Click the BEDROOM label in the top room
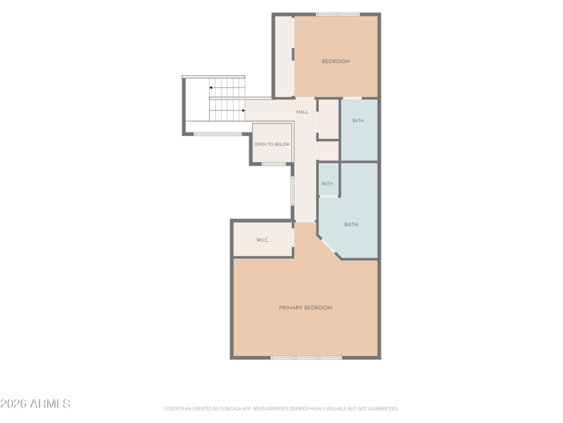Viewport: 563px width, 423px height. coord(336,61)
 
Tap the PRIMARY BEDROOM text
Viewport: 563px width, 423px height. coord(305,307)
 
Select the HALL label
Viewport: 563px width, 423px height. coord(303,112)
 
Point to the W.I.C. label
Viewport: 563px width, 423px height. coord(262,240)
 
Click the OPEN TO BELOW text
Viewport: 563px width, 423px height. coord(272,145)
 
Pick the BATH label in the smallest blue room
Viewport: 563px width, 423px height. coord(327,184)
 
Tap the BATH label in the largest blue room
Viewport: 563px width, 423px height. coord(350,224)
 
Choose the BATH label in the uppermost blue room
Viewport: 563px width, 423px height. coord(358,121)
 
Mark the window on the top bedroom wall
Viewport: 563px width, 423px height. coord(338,14)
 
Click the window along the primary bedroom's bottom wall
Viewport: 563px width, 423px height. coord(306,358)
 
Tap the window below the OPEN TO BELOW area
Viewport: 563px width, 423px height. coord(274,164)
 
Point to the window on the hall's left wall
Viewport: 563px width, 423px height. coord(293,191)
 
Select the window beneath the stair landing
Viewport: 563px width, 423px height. coord(217,134)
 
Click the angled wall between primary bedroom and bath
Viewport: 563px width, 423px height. coord(329,247)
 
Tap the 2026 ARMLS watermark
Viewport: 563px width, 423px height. coord(35,403)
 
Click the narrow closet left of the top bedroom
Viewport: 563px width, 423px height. coord(284,56)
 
